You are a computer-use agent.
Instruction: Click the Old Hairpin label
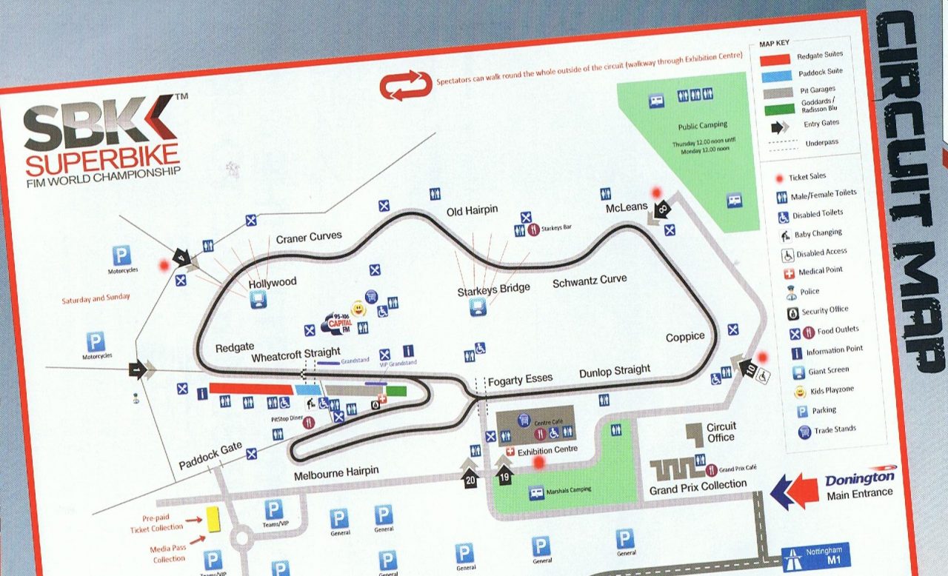coord(473,211)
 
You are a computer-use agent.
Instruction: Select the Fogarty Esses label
coord(520,379)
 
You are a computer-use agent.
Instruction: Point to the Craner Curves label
coord(309,237)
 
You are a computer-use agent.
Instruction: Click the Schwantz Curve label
coord(590,281)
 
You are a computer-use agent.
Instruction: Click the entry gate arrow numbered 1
coord(140,367)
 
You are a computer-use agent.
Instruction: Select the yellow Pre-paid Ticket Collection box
coord(214,519)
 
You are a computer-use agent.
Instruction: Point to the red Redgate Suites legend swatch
coord(775,58)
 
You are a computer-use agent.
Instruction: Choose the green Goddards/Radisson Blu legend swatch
coord(777,108)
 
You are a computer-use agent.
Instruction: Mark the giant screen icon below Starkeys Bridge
coord(478,307)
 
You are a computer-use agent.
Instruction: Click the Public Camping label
coord(703,126)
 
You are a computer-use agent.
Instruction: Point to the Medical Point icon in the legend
coord(789,272)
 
